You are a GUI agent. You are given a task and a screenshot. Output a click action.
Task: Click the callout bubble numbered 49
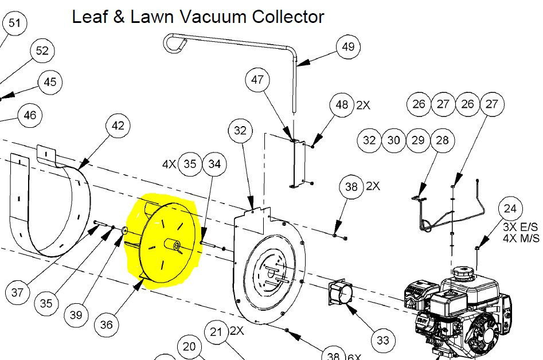348,47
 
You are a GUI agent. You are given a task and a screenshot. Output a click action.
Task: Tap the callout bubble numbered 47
257,80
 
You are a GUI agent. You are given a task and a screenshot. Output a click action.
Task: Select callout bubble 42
118,126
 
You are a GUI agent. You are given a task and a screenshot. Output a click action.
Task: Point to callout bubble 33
382,341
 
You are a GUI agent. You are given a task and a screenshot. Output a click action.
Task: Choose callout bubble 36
107,324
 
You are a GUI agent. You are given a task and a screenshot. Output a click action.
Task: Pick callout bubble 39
76,315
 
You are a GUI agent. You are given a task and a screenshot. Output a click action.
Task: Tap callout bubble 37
18,293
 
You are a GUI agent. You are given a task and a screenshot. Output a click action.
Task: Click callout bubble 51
14,24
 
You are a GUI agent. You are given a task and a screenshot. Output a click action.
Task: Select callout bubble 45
50,82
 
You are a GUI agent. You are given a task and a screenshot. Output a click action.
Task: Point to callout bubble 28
442,140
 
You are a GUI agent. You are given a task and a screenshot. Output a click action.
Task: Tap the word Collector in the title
288,17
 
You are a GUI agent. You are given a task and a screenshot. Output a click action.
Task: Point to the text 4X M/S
521,238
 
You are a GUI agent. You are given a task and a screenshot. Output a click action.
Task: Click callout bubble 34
214,165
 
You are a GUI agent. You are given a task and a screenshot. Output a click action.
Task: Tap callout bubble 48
342,105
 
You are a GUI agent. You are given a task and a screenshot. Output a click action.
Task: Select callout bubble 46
30,116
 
